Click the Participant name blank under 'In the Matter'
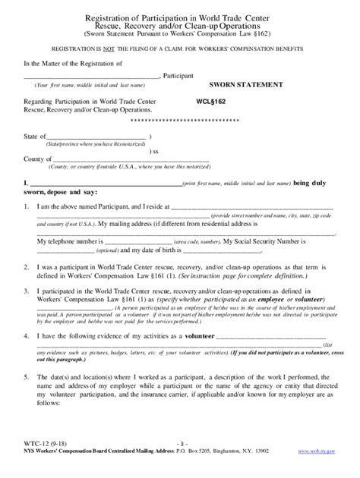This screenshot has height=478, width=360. click(92, 77)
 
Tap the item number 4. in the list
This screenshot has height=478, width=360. click(27, 336)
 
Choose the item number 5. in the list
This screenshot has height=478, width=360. click(27, 376)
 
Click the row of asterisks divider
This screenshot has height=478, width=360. click(179, 121)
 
